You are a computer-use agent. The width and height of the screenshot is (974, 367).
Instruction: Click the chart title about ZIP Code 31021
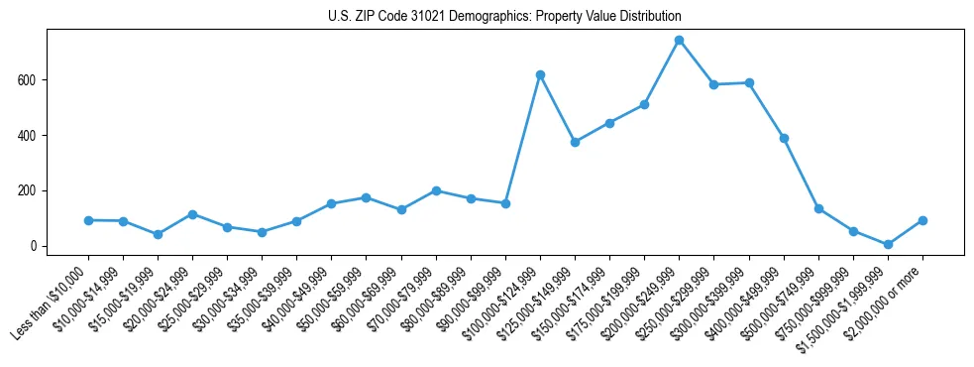tap(504, 17)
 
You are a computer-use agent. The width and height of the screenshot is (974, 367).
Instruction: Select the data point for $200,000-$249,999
tap(679, 40)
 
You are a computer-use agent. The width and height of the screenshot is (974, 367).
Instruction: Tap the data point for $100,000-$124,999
tap(540, 74)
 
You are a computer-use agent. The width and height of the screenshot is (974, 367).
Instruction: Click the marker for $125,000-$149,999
tap(575, 142)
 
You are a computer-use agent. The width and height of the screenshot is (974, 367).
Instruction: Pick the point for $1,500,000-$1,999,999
tap(888, 244)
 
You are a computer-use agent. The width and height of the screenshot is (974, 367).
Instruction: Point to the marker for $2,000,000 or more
tap(922, 220)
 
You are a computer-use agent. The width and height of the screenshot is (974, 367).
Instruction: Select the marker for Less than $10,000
tap(88, 220)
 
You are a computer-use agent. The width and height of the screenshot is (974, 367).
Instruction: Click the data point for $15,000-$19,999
tap(158, 234)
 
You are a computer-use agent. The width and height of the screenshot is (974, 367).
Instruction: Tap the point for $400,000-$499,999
tap(784, 138)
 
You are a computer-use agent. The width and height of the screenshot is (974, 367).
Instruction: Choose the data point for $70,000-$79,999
tap(436, 190)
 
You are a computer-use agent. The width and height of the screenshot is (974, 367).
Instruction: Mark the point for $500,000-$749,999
tap(818, 208)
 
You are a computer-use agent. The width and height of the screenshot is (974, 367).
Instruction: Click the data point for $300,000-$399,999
tap(749, 82)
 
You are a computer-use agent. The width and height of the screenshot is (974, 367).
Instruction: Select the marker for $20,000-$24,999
tap(192, 214)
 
